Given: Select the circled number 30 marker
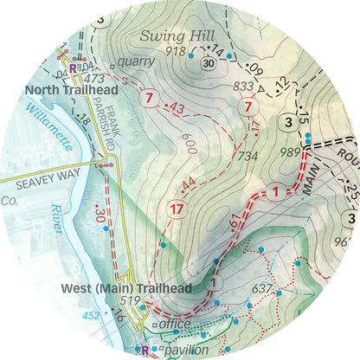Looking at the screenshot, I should click(208, 63).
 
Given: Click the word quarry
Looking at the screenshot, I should click(138, 61).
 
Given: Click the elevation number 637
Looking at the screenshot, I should click(261, 288).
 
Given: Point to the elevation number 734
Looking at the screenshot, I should click(247, 156).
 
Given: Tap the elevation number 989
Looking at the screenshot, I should click(290, 152).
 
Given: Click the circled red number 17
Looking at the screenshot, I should click(177, 209).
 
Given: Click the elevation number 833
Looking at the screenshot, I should click(245, 87).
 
